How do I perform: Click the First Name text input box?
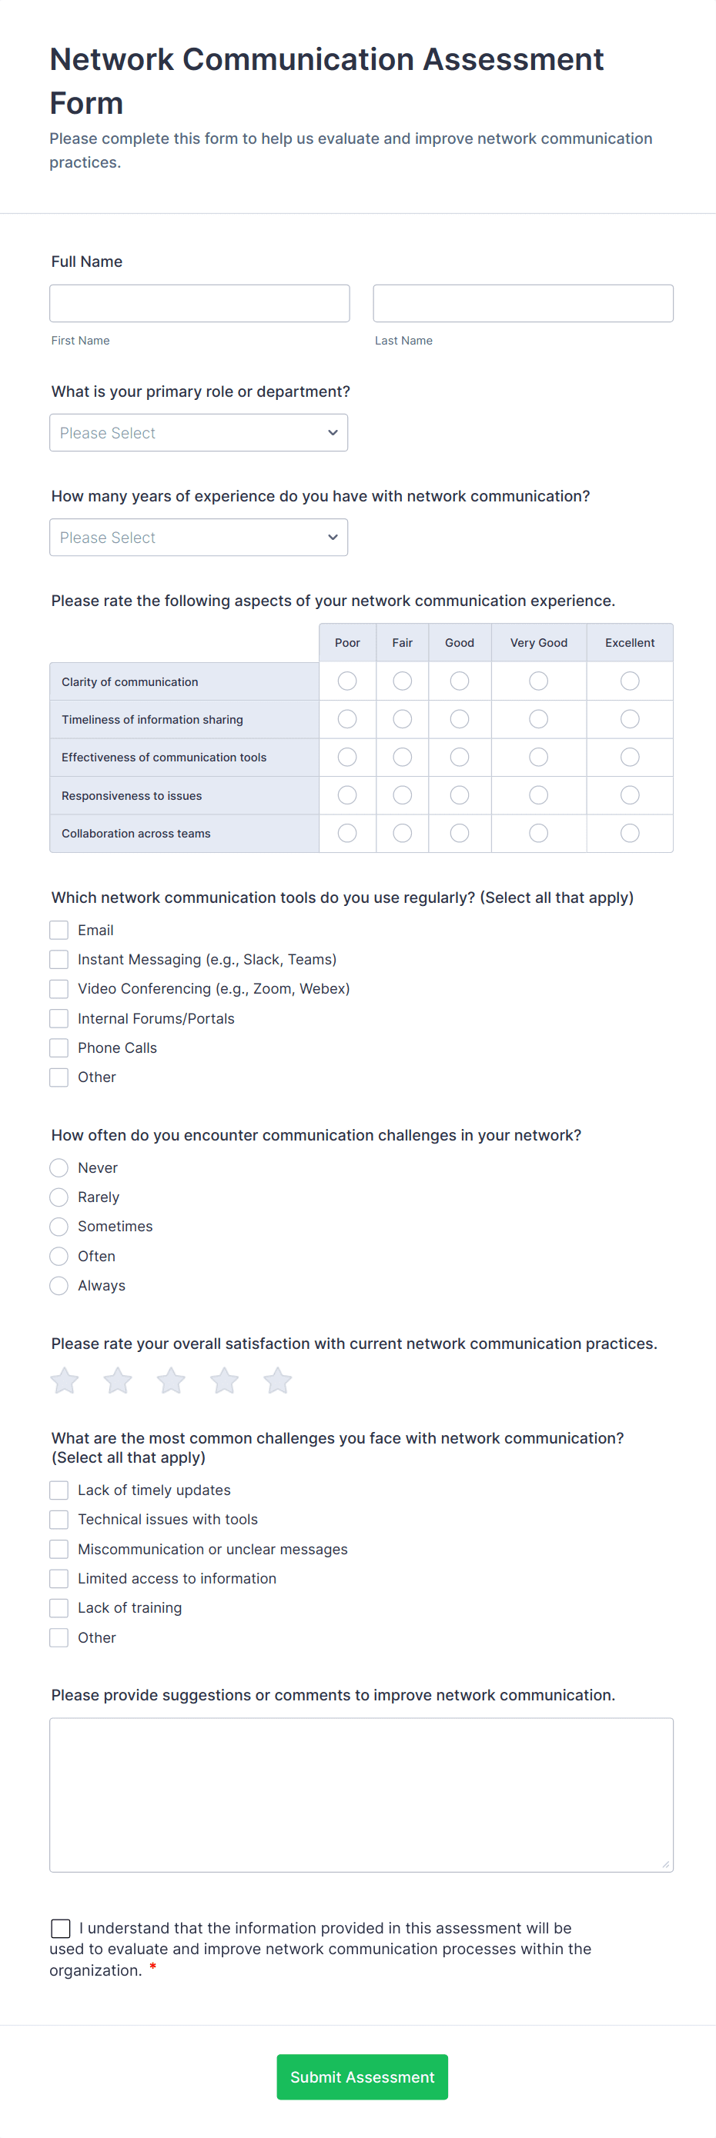[199, 304]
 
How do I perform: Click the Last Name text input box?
[523, 304]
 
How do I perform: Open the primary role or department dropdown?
[199, 433]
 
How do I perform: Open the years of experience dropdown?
[199, 538]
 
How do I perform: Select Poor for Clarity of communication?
[347, 681]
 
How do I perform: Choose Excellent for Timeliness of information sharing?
[630, 720]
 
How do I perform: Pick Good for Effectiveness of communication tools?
[460, 758]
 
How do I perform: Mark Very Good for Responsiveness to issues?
[538, 796]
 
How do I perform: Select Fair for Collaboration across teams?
[402, 834]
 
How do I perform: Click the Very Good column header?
[538, 643]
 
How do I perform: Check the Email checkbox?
[59, 931]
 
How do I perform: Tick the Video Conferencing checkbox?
[59, 989]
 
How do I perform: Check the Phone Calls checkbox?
[59, 1048]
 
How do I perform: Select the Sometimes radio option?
[59, 1227]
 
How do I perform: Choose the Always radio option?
[59, 1286]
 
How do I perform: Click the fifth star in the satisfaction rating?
[277, 1381]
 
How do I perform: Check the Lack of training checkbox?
[59, 1608]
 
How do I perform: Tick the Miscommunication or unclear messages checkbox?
[59, 1550]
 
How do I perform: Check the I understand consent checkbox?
[61, 1928]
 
